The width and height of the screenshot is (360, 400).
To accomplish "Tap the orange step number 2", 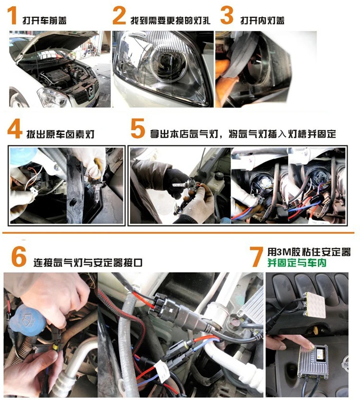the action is tap(119, 16).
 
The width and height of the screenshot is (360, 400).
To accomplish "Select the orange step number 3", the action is tap(227, 16).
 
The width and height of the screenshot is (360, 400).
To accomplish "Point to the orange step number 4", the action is tap(14, 129).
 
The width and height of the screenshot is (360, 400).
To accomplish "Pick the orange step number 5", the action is tap(138, 129).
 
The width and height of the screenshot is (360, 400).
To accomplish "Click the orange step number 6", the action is tap(19, 257).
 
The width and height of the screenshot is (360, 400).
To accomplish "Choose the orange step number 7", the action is tap(257, 257).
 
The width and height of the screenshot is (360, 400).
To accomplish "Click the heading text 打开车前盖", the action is tap(45, 20).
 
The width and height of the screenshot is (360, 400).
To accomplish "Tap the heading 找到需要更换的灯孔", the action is tap(170, 20).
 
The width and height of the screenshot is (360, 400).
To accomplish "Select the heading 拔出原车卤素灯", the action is tap(60, 134).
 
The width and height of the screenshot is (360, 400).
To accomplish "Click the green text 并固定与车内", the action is tap(297, 263).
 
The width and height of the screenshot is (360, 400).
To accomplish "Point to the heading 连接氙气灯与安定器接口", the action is tap(87, 262).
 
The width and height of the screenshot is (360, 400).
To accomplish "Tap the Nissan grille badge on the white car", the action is tap(90, 91).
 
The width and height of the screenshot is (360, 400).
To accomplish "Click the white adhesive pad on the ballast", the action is tap(316, 305).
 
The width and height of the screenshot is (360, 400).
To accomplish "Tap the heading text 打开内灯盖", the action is tap(262, 20).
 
